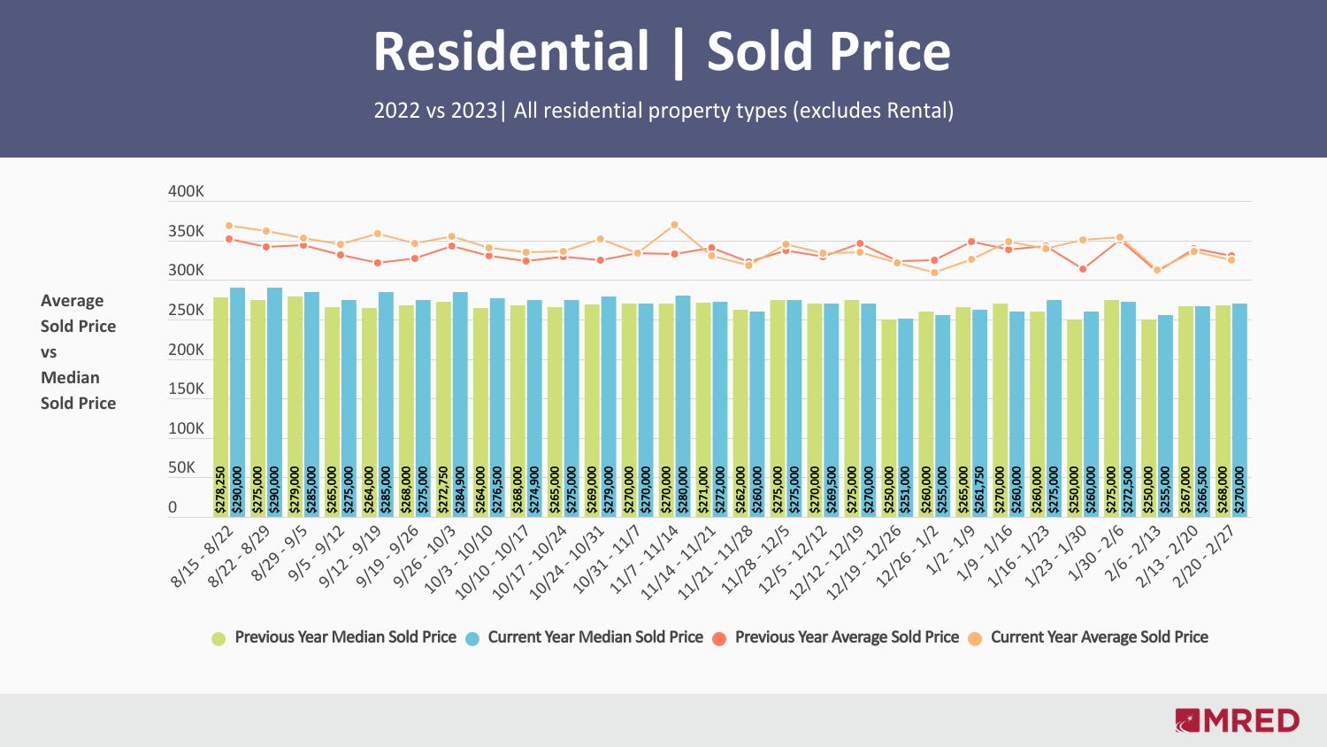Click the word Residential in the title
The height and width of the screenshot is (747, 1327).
[x=511, y=51]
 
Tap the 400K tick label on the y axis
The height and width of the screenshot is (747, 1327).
[x=186, y=192]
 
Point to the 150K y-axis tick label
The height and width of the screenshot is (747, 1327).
[x=186, y=389]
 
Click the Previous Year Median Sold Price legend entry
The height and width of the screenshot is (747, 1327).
[x=345, y=637]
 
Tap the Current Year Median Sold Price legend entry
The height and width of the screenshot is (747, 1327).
[x=594, y=637]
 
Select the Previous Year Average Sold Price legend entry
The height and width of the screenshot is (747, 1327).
[x=846, y=637]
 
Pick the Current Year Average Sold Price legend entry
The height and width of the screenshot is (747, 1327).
[x=1099, y=637]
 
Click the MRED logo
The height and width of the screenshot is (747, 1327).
[x=1237, y=720]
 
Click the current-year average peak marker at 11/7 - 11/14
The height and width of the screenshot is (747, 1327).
[x=674, y=225]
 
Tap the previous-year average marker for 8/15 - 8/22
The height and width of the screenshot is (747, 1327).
[x=229, y=239]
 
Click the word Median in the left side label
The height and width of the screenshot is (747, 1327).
[x=70, y=378]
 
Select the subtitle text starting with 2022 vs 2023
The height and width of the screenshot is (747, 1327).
[x=663, y=111]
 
